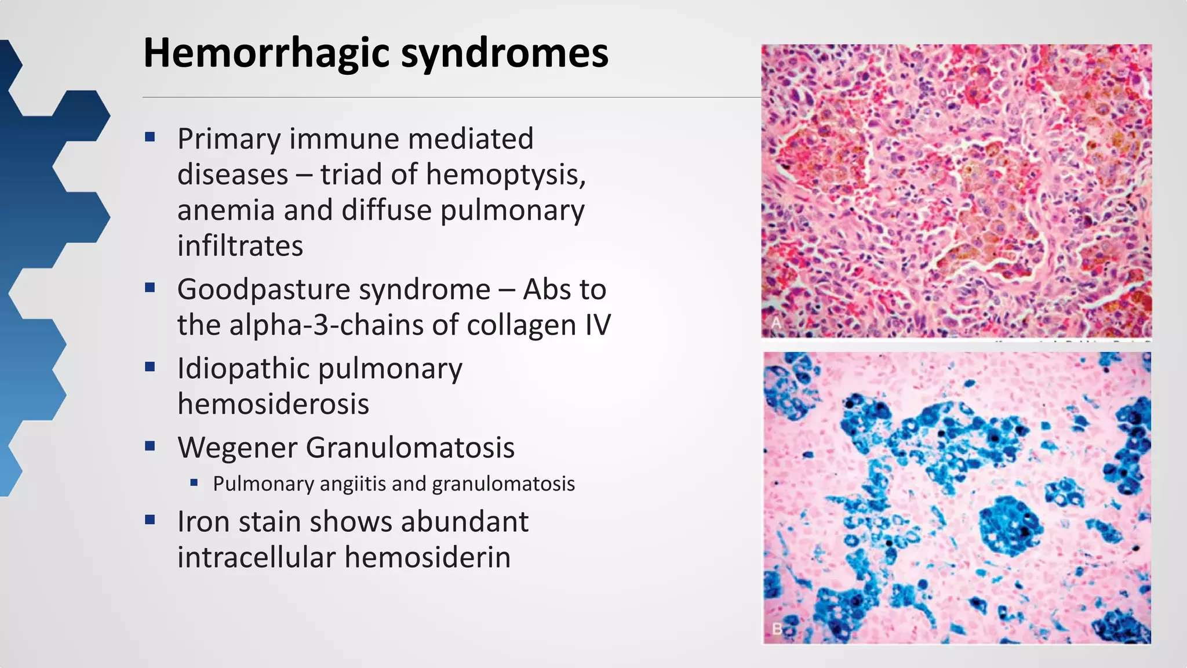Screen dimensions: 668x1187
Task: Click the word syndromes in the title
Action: [504, 53]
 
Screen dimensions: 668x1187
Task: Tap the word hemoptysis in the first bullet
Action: [505, 175]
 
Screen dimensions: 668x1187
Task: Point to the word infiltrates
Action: [240, 246]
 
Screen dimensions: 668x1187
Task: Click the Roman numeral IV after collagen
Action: [598, 325]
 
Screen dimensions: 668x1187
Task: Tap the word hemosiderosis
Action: [273, 404]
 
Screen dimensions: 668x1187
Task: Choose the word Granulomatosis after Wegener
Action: [410, 448]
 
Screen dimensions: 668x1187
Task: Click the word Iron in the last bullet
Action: [203, 521]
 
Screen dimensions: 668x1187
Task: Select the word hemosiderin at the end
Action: [427, 557]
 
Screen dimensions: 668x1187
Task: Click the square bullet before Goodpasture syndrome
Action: [150, 287]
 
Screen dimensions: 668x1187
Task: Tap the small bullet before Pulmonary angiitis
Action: [194, 482]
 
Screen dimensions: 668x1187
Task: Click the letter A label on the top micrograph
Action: [776, 323]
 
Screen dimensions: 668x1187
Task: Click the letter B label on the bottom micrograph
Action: [777, 629]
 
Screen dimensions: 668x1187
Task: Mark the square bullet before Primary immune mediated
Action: [150, 137]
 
